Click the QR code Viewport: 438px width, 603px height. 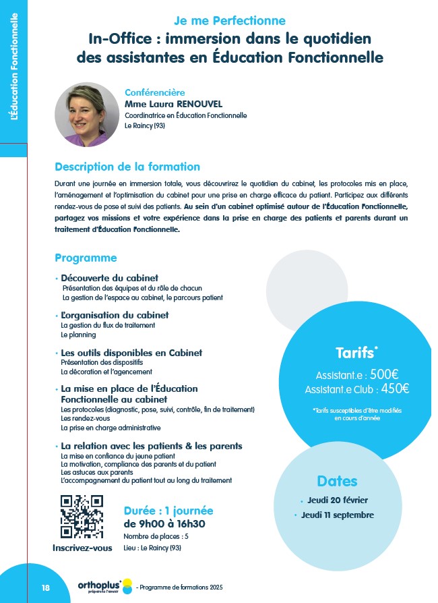pyautogui.click(x=82, y=516)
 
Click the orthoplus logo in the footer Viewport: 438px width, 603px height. pyautogui.click(x=100, y=585)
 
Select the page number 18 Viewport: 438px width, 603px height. pyautogui.click(x=46, y=587)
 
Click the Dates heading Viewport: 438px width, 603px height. pyautogui.click(x=337, y=481)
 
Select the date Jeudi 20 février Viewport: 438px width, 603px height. pyautogui.click(x=337, y=500)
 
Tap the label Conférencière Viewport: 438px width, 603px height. pyautogui.click(x=154, y=92)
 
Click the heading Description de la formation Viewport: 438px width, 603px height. pyautogui.click(x=127, y=167)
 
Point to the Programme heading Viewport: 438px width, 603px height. pyautogui.click(x=86, y=258)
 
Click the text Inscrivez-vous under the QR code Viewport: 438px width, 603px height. pyautogui.click(x=82, y=548)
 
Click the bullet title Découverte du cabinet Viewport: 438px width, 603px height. pyautogui.click(x=109, y=278)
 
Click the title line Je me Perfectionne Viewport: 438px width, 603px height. pyautogui.click(x=230, y=21)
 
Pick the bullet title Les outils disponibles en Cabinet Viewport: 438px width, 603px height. pyautogui.click(x=131, y=353)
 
